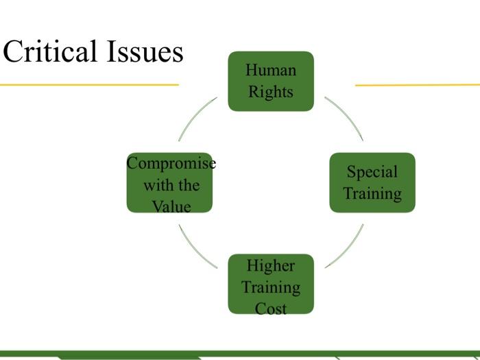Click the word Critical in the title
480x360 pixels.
(50, 51)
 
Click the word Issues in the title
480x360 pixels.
(145, 51)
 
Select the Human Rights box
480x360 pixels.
(271, 81)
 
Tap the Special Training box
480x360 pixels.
(372, 182)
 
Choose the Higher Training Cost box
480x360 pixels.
(271, 284)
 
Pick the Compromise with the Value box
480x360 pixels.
(169, 182)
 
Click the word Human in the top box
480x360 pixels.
(271, 70)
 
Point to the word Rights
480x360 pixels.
(271, 92)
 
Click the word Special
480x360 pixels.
(372, 172)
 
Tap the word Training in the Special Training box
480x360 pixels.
(372, 194)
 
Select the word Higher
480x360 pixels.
(271, 266)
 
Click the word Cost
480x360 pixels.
(271, 309)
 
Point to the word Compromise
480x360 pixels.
(171, 163)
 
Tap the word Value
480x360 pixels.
(171, 206)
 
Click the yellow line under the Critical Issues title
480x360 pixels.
(89, 85)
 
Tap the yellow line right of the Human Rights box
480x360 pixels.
(418, 85)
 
